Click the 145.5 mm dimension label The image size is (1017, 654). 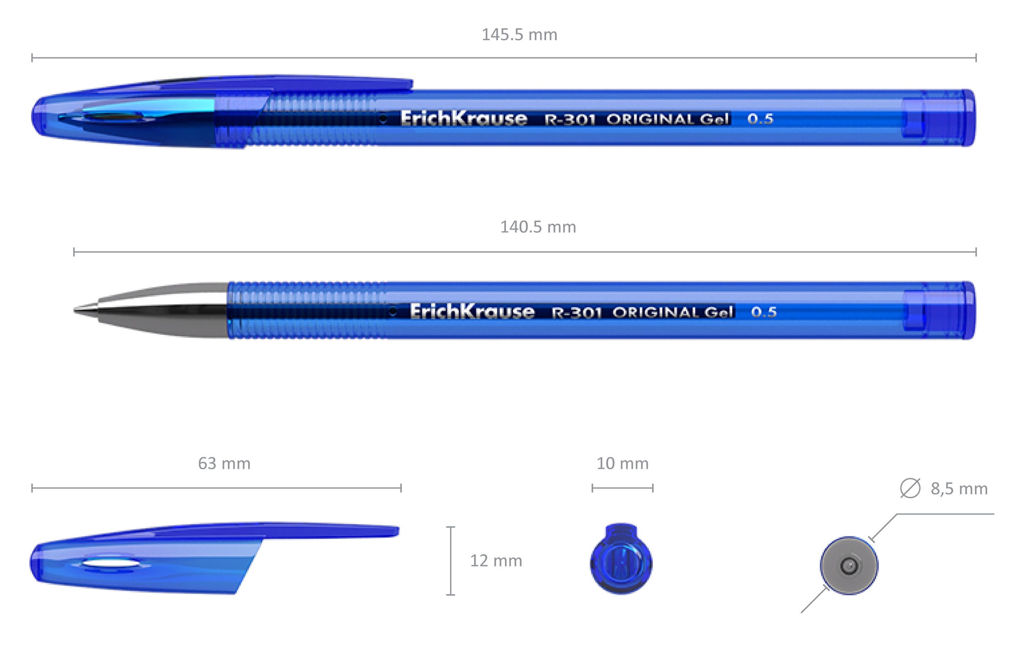pos(519,35)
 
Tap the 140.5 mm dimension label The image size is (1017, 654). pos(538,227)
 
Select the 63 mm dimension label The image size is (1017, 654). pos(224,464)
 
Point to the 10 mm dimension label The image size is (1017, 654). pos(622,464)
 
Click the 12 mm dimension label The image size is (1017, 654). pos(496,561)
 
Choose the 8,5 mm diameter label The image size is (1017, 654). pos(959,489)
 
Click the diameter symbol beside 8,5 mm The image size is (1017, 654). pos(910,488)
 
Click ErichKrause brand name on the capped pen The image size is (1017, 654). pos(464,119)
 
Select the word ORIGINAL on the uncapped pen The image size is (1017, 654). pos(655,312)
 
